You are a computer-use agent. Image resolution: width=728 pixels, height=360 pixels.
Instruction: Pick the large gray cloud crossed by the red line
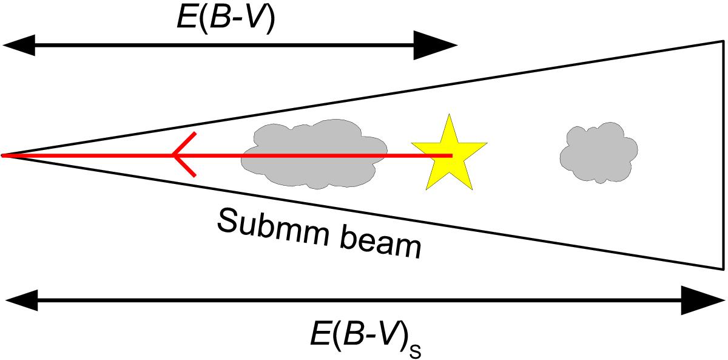click(314, 154)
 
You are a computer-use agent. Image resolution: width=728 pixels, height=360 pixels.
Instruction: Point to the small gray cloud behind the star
click(599, 152)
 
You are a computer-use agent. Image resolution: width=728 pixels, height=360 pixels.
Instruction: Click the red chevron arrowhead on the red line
click(184, 155)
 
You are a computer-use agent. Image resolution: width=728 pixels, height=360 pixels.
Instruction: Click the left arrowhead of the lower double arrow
click(21, 300)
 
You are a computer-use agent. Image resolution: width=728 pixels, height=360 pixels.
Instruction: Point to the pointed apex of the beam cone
click(2, 156)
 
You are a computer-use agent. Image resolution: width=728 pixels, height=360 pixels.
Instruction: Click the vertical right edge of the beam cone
click(724, 155)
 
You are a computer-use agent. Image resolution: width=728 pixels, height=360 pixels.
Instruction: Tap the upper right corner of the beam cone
click(724, 41)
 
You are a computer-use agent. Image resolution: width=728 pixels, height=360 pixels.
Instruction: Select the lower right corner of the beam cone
click(724, 270)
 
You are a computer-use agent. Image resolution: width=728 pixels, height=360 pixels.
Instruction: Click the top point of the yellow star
click(449, 114)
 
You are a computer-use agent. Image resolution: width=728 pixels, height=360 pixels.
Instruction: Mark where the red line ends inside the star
click(452, 156)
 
